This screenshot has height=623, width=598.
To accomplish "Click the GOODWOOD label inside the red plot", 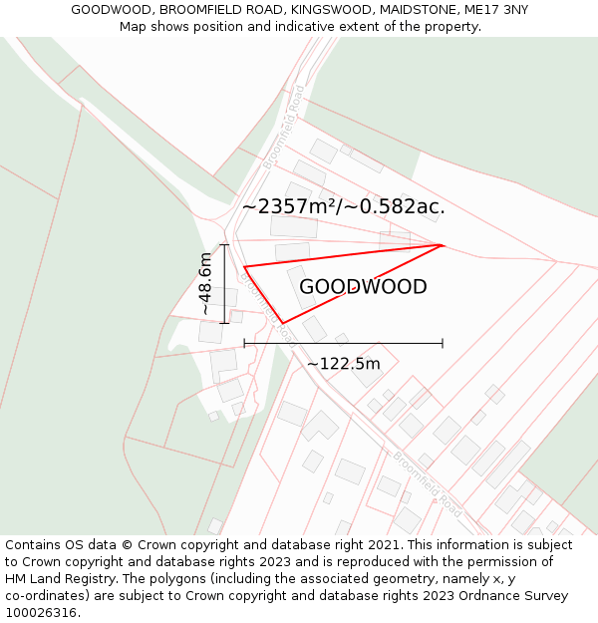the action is click(363, 287).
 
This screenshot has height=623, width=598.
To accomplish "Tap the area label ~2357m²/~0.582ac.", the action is click(343, 207).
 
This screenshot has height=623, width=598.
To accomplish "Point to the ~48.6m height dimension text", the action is click(205, 284).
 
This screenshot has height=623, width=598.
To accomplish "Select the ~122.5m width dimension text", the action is click(343, 364).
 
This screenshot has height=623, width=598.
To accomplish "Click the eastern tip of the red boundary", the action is click(442, 244).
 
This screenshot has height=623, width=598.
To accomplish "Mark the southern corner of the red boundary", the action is click(283, 323).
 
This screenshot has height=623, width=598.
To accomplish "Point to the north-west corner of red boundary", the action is click(244, 266).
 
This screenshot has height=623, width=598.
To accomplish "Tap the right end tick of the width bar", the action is click(443, 344).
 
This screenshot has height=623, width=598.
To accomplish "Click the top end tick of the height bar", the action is click(224, 244).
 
